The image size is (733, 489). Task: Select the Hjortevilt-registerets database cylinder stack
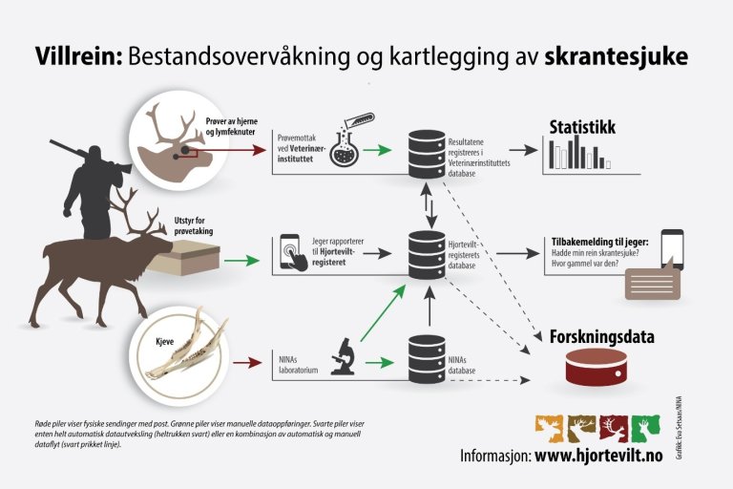[x=425, y=254]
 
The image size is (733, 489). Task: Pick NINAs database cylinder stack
[x=425, y=358]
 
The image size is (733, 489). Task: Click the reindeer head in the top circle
[x=177, y=143]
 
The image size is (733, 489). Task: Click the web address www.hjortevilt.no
[x=597, y=456]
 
